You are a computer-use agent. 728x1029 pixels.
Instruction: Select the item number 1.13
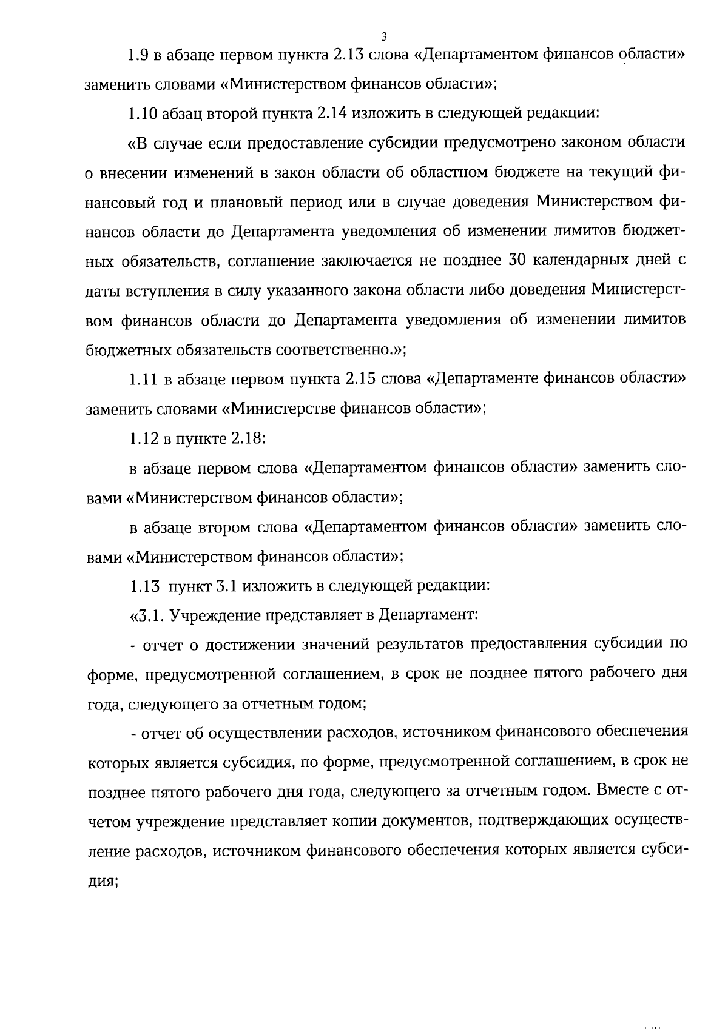144,586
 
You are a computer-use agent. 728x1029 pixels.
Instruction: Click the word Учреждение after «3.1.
212,616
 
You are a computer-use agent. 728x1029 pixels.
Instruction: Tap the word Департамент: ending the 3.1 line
428,616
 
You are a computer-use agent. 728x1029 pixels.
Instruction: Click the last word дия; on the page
101,881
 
